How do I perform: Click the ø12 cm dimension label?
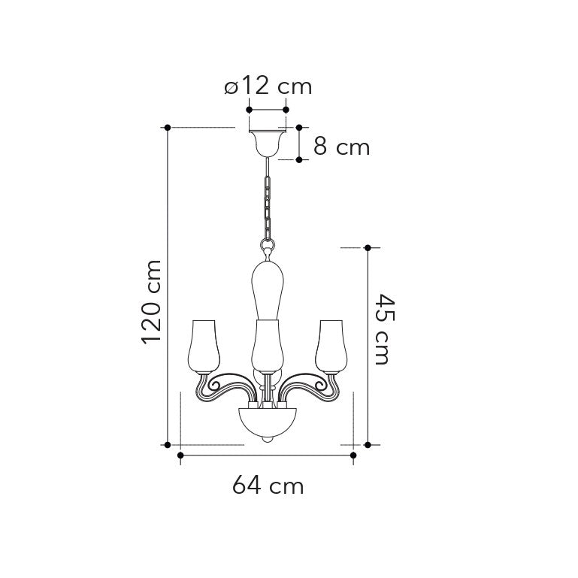(268, 86)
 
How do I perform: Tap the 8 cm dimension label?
(341, 147)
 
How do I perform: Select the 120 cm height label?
(152, 302)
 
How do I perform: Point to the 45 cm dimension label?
(385, 328)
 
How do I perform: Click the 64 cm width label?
(268, 485)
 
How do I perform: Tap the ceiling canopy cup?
(268, 144)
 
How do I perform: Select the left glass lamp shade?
(204, 346)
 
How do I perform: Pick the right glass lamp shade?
(331, 346)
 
